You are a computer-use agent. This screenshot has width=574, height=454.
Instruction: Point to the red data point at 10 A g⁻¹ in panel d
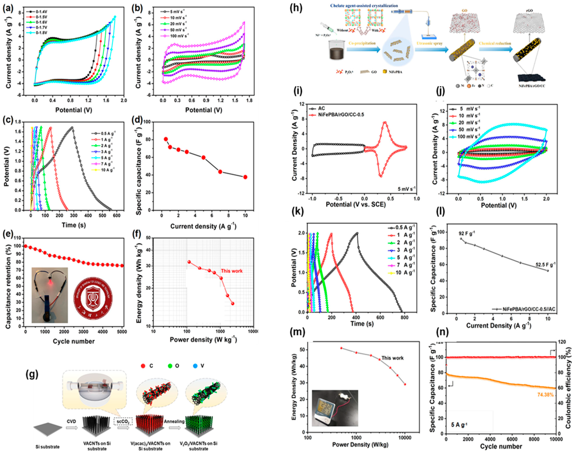click(x=245, y=177)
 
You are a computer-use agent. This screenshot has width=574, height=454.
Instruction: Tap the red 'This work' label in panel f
click(x=232, y=271)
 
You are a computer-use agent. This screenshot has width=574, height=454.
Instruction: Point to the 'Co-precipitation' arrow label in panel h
click(x=362, y=43)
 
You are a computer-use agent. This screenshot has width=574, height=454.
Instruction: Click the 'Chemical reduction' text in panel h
click(x=495, y=43)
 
